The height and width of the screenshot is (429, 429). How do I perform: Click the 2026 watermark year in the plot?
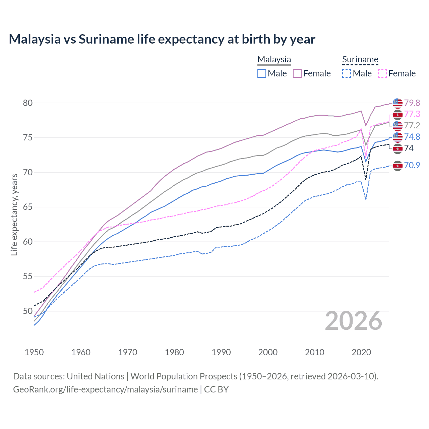tap(354, 321)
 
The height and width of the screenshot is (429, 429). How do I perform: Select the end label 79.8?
tap(412, 103)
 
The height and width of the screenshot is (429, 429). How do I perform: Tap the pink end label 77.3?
tap(412, 114)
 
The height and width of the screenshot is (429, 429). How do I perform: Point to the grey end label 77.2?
tap(412, 125)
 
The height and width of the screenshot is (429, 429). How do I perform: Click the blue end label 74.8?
tap(412, 137)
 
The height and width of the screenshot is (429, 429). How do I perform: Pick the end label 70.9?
tap(412, 165)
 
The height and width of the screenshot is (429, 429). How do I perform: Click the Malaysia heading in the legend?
tap(274, 59)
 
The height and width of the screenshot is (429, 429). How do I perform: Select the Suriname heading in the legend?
tap(360, 59)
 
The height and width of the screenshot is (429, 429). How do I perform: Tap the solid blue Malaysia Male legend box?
tap(262, 73)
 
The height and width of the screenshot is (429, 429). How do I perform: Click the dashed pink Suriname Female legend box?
tap(382, 73)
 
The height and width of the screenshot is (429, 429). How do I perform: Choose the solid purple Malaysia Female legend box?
tap(297, 73)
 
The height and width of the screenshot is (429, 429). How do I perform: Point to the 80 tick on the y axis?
tap(28, 103)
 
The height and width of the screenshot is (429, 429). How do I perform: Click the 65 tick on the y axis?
tap(28, 207)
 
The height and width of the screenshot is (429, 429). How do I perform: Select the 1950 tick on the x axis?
tap(34, 352)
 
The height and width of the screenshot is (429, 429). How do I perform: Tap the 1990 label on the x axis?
tap(221, 352)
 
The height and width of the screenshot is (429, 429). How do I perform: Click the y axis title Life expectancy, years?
tap(14, 214)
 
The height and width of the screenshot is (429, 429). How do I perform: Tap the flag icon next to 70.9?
tap(397, 166)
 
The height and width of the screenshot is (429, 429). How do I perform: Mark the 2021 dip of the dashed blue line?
tap(366, 200)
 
